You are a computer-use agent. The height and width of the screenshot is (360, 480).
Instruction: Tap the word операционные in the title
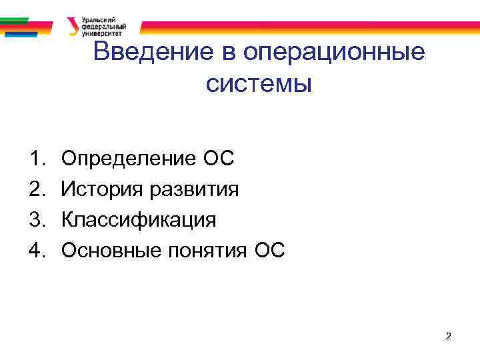pyautogui.click(x=335, y=53)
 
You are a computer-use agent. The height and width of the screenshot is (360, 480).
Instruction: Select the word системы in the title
pyautogui.click(x=259, y=84)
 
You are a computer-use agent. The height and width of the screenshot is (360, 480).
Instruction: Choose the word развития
pyautogui.click(x=193, y=189)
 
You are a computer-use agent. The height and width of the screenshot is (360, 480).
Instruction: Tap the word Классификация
pyautogui.click(x=139, y=219)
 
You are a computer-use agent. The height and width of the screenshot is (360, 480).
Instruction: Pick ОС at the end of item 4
pyautogui.click(x=269, y=250)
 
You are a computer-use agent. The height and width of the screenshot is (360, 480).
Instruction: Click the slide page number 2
pyautogui.click(x=449, y=337)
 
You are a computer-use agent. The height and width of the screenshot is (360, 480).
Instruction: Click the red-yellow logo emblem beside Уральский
pyautogui.click(x=73, y=26)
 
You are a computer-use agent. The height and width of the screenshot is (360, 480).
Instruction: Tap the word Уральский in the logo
pyautogui.click(x=97, y=20)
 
